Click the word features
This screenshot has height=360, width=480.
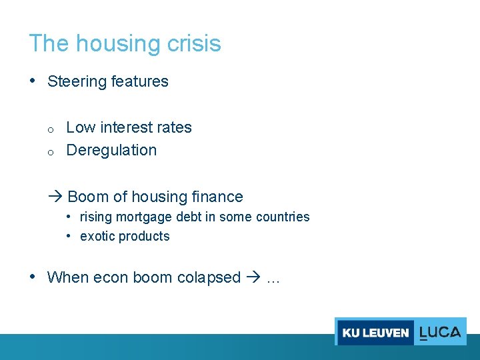[x=140, y=81]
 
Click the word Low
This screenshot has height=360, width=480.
[x=81, y=127]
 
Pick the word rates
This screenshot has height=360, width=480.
[x=174, y=127]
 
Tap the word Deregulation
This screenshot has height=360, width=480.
[x=111, y=150]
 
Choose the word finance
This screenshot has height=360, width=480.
[x=217, y=197]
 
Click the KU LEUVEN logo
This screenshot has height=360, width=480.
[x=375, y=331]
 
